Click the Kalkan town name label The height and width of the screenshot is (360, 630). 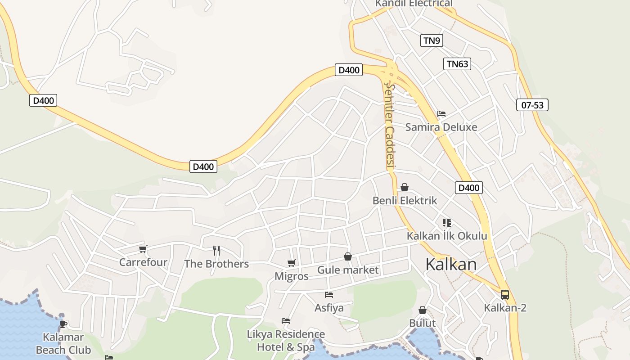point(451,264)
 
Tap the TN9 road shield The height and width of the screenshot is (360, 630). point(432,40)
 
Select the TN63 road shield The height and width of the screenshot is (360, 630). point(457,64)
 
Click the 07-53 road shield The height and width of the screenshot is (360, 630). point(532,105)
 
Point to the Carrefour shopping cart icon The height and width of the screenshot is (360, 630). point(143,249)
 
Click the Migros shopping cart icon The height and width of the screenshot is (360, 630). point(292,263)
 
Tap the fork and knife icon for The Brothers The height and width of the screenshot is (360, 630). point(216,250)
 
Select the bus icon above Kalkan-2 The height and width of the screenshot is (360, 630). point(505,295)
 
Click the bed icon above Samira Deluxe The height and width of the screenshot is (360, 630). point(441,114)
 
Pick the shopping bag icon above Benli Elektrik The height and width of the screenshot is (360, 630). point(405,187)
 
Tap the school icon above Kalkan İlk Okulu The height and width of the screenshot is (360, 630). point(447,223)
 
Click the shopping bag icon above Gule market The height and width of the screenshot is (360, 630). point(348,256)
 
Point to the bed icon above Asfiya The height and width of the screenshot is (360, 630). point(329,295)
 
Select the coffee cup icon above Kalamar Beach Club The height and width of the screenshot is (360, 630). point(63,323)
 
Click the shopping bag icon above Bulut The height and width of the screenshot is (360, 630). point(423,310)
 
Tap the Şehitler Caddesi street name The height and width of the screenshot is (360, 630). point(390,126)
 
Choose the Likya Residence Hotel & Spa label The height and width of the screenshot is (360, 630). point(286,341)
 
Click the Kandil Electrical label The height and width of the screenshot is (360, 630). point(414,4)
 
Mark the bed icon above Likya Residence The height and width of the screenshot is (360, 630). point(286,321)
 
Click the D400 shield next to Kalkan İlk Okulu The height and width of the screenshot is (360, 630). point(468,188)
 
